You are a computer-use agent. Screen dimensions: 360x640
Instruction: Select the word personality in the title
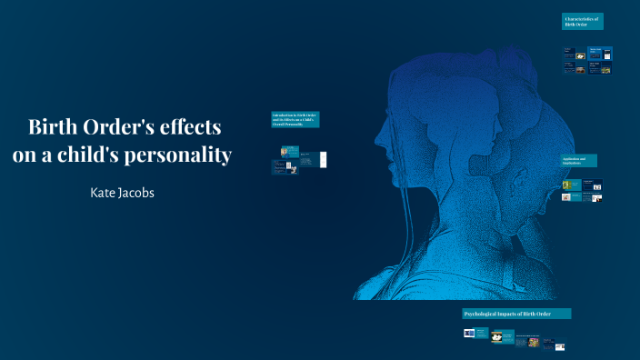click(x=192, y=155)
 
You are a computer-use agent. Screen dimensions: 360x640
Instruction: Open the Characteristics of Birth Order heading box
click(x=582, y=21)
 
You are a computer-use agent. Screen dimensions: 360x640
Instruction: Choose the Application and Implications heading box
click(x=580, y=161)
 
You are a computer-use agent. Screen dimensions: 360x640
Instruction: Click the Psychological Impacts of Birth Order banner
click(x=516, y=314)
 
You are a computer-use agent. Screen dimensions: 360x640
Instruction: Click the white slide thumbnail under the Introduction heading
click(x=323, y=159)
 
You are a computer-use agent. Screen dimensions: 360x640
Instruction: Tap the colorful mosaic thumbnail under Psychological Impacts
click(x=534, y=342)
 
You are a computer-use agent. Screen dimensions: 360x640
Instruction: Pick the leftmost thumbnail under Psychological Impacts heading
click(x=469, y=334)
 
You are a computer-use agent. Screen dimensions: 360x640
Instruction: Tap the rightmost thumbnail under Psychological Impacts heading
click(x=561, y=346)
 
